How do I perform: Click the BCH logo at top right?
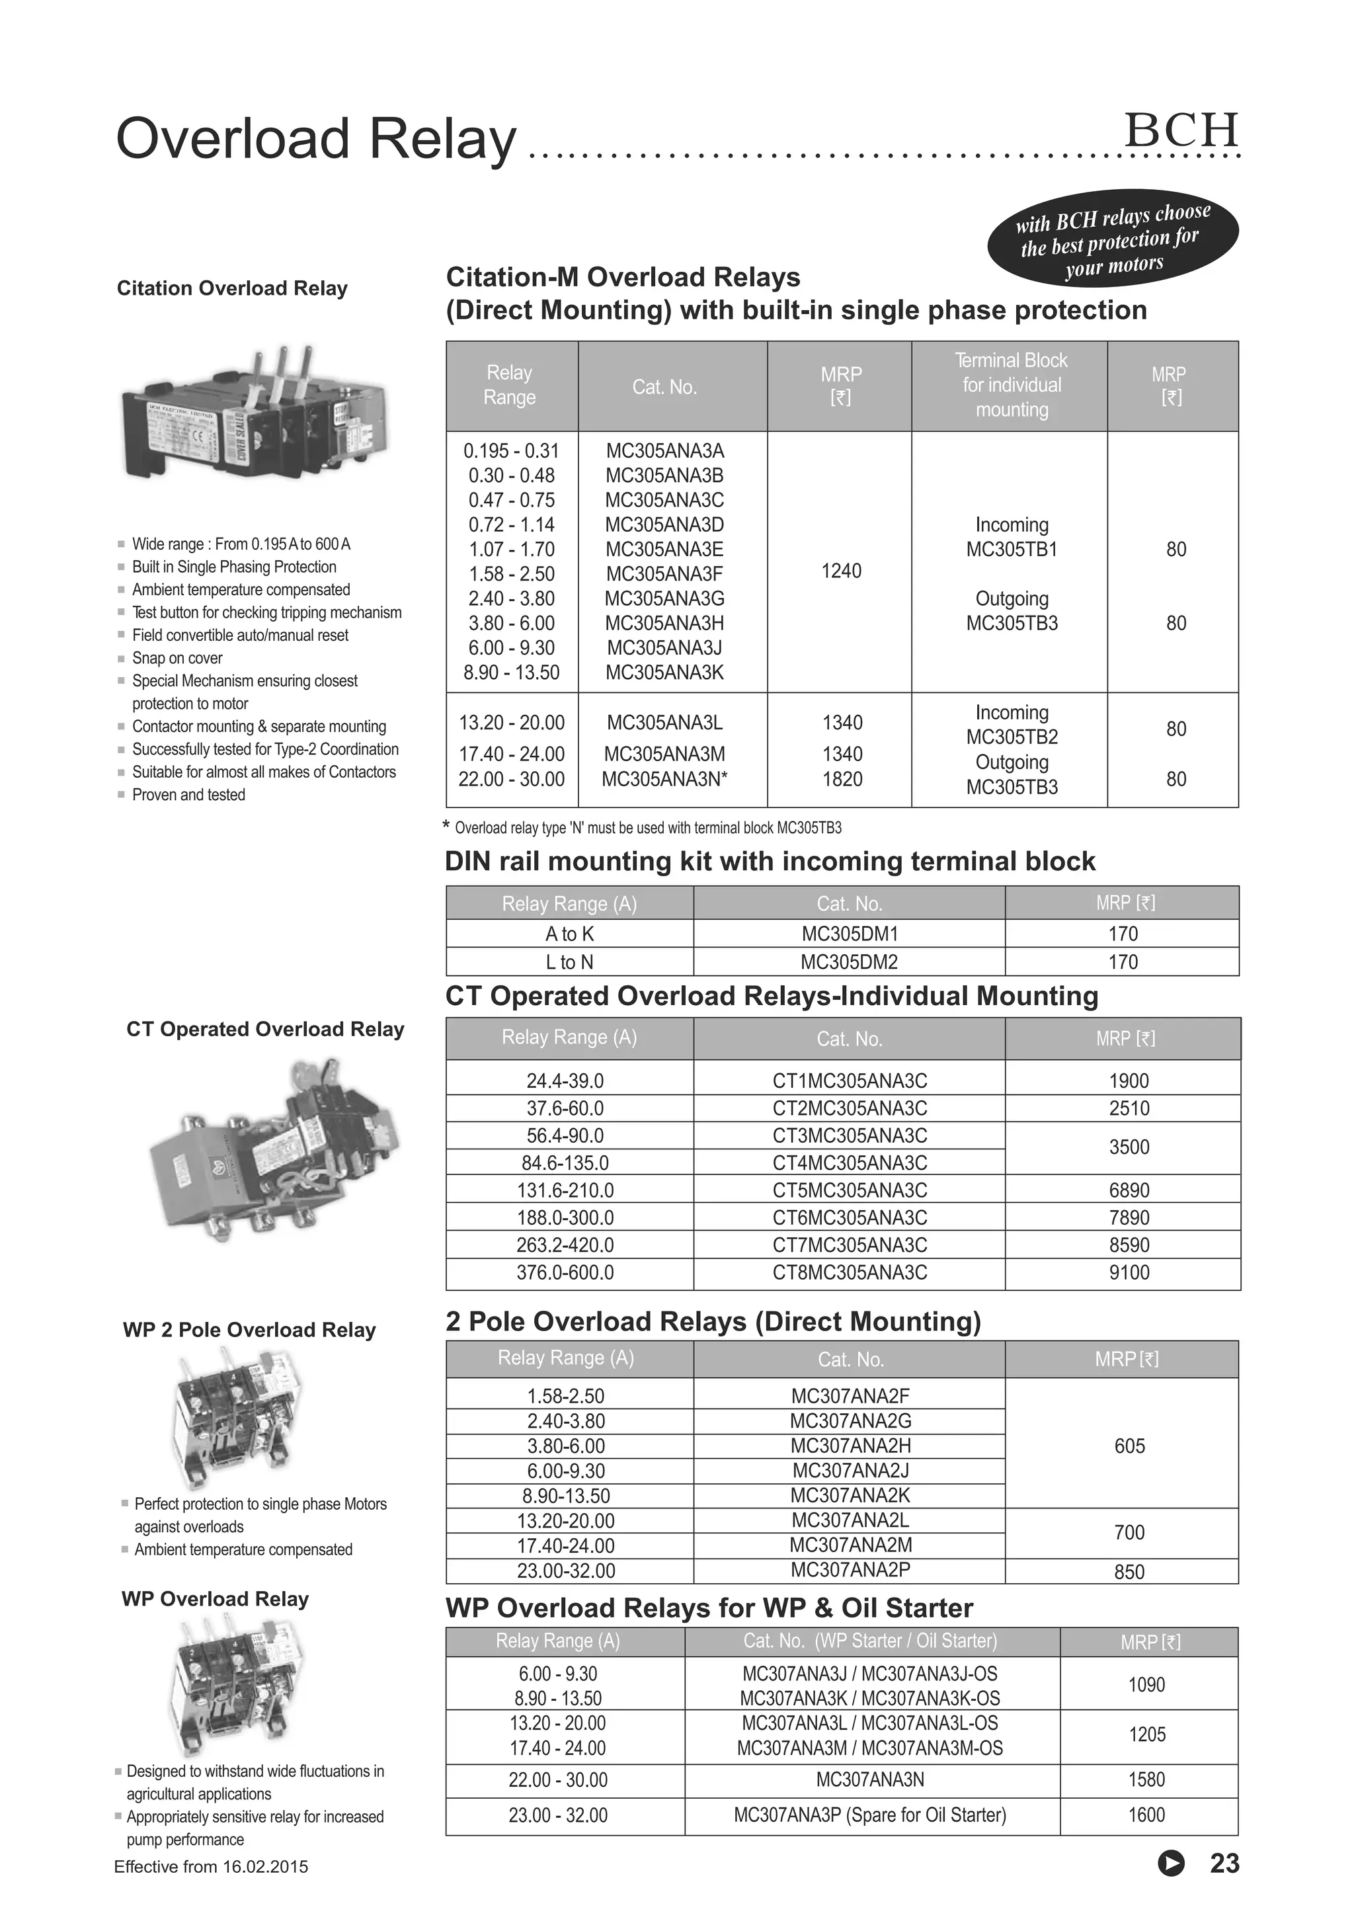[1181, 130]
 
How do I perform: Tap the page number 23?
[1224, 1863]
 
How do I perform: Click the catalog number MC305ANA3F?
[664, 574]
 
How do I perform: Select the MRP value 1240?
[841, 571]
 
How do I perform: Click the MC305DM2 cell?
[849, 962]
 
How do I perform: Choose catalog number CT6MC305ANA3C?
[849, 1217]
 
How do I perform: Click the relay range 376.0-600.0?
[565, 1272]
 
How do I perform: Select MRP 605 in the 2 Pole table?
[1129, 1446]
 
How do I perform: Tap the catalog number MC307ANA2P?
[850, 1569]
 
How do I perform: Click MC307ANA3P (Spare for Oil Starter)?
[869, 1815]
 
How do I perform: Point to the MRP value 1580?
[1146, 1780]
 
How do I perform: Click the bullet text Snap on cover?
[177, 658]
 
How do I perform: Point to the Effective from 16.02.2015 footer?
[211, 1867]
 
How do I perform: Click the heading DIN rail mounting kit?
[770, 861]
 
